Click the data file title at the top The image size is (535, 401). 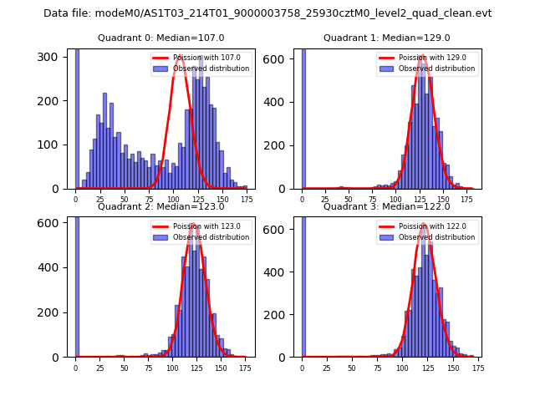[x=267, y=13]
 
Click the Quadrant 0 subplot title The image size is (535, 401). [x=161, y=38]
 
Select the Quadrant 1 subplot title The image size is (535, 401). [x=387, y=38]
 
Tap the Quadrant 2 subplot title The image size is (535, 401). [x=161, y=206]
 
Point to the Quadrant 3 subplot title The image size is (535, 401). [x=387, y=206]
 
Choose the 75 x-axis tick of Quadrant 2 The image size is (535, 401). [x=149, y=368]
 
